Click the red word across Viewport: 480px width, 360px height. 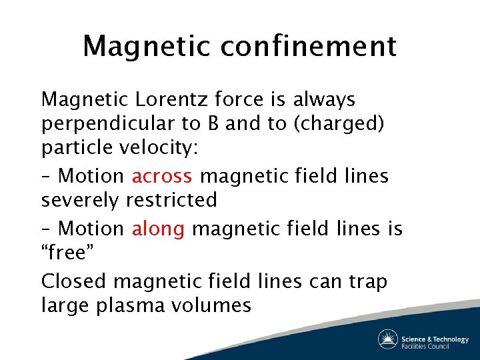[x=162, y=176]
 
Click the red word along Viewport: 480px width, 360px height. [x=158, y=229]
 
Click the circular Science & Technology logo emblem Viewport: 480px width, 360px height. [x=388, y=339]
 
